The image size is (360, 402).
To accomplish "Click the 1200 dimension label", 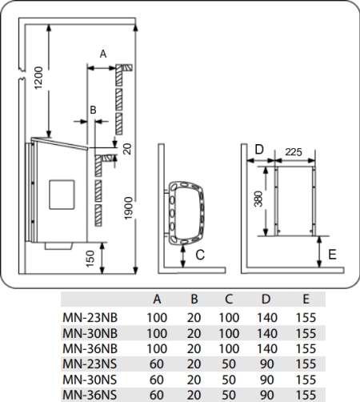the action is [38, 78].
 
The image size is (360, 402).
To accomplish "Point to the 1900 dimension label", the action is [129, 208].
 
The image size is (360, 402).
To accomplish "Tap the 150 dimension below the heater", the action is [90, 259].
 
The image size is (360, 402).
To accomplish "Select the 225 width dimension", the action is [294, 152].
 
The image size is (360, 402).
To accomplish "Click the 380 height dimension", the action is [258, 199].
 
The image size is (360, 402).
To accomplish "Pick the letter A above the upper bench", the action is [103, 54].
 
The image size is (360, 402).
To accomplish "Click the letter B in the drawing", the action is [93, 110].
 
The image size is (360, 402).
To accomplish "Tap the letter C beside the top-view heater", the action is [200, 255].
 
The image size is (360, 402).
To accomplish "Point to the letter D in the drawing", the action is [259, 150].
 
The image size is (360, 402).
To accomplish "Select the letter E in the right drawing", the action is [332, 255].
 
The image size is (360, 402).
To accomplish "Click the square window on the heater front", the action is [62, 195].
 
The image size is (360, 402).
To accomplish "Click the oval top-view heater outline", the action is [186, 213].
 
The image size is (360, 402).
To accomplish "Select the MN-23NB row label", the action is [90, 318].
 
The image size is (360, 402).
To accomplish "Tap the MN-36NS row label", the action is [90, 395].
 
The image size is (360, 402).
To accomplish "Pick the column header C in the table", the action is [229, 299].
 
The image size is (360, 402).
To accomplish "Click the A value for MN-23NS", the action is [157, 364].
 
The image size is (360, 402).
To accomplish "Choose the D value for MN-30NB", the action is [267, 333].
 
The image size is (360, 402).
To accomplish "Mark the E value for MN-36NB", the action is [306, 348].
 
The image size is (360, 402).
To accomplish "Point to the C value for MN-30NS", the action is [229, 380].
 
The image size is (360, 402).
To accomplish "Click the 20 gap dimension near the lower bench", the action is [128, 149].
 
